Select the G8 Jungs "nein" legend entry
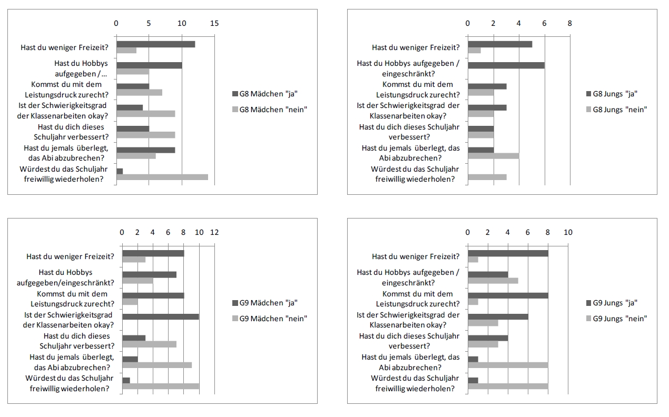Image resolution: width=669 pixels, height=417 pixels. pyautogui.click(x=616, y=110)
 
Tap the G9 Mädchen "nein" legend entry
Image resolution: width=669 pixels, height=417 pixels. pyautogui.click(x=269, y=319)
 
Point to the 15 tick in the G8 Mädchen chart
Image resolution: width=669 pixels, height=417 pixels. pyautogui.click(x=214, y=23)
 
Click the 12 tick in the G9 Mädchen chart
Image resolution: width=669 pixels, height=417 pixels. pyautogui.click(x=214, y=232)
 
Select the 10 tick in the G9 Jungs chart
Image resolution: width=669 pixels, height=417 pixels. pyautogui.click(x=568, y=232)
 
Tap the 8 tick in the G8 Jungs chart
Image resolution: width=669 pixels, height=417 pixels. pyautogui.click(x=569, y=23)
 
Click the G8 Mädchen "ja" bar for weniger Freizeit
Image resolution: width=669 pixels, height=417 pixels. pyautogui.click(x=156, y=44)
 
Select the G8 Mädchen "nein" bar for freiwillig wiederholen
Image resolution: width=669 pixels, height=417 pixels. pyautogui.click(x=162, y=177)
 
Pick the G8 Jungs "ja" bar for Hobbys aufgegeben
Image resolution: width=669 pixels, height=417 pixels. pyautogui.click(x=506, y=65)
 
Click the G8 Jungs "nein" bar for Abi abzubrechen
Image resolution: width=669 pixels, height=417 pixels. pyautogui.click(x=493, y=156)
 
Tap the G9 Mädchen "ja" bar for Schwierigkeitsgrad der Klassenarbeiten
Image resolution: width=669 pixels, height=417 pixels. pyautogui.click(x=161, y=316)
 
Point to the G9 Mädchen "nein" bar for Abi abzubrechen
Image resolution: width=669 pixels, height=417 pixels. pyautogui.click(x=157, y=365)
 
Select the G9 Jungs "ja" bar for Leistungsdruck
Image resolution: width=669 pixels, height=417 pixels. pyautogui.click(x=508, y=295)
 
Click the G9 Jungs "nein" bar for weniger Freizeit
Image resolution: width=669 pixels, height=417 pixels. pyautogui.click(x=473, y=260)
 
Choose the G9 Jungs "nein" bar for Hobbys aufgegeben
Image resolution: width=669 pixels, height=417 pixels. pyautogui.click(x=493, y=281)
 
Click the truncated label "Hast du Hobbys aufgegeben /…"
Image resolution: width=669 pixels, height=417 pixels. pyautogui.click(x=84, y=68)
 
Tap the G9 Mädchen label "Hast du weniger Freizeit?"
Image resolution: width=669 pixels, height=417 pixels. pyautogui.click(x=71, y=256)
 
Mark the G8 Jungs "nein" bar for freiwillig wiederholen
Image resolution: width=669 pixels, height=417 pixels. pyautogui.click(x=487, y=177)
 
